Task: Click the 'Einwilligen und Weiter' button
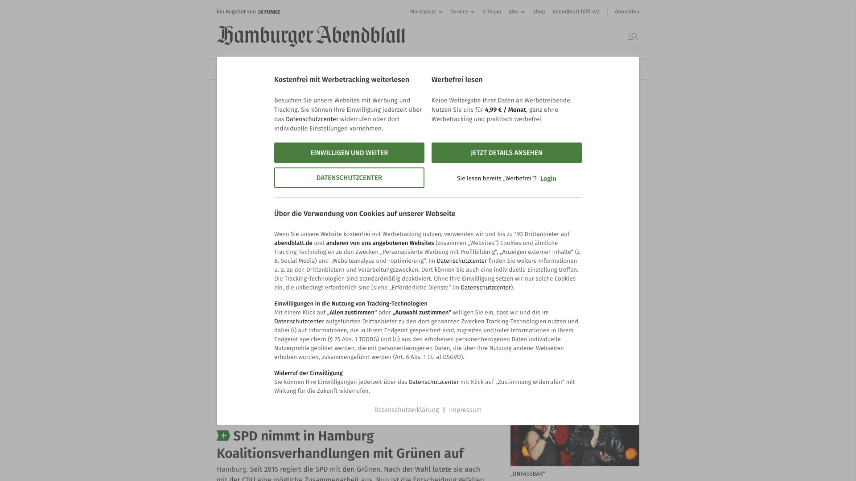pyautogui.click(x=349, y=153)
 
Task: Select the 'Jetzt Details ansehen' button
pyautogui.click(x=506, y=153)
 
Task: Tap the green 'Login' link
pyautogui.click(x=548, y=179)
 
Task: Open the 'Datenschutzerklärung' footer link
pyautogui.click(x=406, y=410)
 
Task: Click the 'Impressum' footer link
pyautogui.click(x=465, y=410)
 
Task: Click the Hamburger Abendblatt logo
pyautogui.click(x=311, y=36)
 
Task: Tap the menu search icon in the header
pyautogui.click(x=633, y=37)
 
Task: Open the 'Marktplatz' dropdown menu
pyautogui.click(x=426, y=12)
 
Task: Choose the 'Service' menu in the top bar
pyautogui.click(x=462, y=12)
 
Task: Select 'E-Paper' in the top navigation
pyautogui.click(x=492, y=12)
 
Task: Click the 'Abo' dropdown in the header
pyautogui.click(x=517, y=12)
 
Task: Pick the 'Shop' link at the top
pyautogui.click(x=539, y=12)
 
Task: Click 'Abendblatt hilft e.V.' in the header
pyautogui.click(x=576, y=12)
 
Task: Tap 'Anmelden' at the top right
pyautogui.click(x=626, y=12)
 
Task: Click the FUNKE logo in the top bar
pyautogui.click(x=269, y=12)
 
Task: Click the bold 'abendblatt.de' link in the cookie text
pyautogui.click(x=293, y=243)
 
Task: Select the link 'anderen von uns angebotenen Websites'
pyautogui.click(x=380, y=243)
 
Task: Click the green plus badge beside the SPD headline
pyautogui.click(x=223, y=436)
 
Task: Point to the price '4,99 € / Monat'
pyautogui.click(x=505, y=110)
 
